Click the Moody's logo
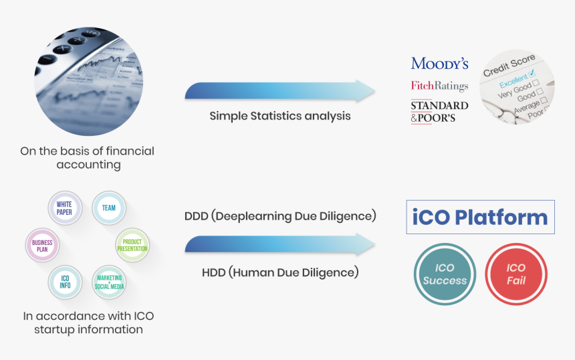tap(439, 64)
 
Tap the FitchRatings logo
tap(439, 86)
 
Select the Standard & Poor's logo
tap(439, 112)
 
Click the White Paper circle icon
tap(65, 208)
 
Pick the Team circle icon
tap(109, 208)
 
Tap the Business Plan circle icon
tap(42, 245)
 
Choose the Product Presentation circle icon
tap(132, 245)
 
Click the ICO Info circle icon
tap(65, 282)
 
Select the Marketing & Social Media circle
tap(109, 282)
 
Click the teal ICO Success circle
tap(445, 274)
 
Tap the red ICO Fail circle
tap(516, 274)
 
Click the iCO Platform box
tap(480, 217)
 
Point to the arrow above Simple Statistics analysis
tap(279, 90)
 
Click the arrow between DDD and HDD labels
tap(279, 244)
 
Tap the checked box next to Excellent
tap(532, 74)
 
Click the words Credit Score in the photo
tap(509, 66)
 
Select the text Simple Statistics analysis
tap(279, 116)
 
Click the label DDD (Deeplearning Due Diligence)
tap(280, 215)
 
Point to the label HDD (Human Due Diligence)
tap(280, 272)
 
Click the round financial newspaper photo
tap(89, 81)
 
